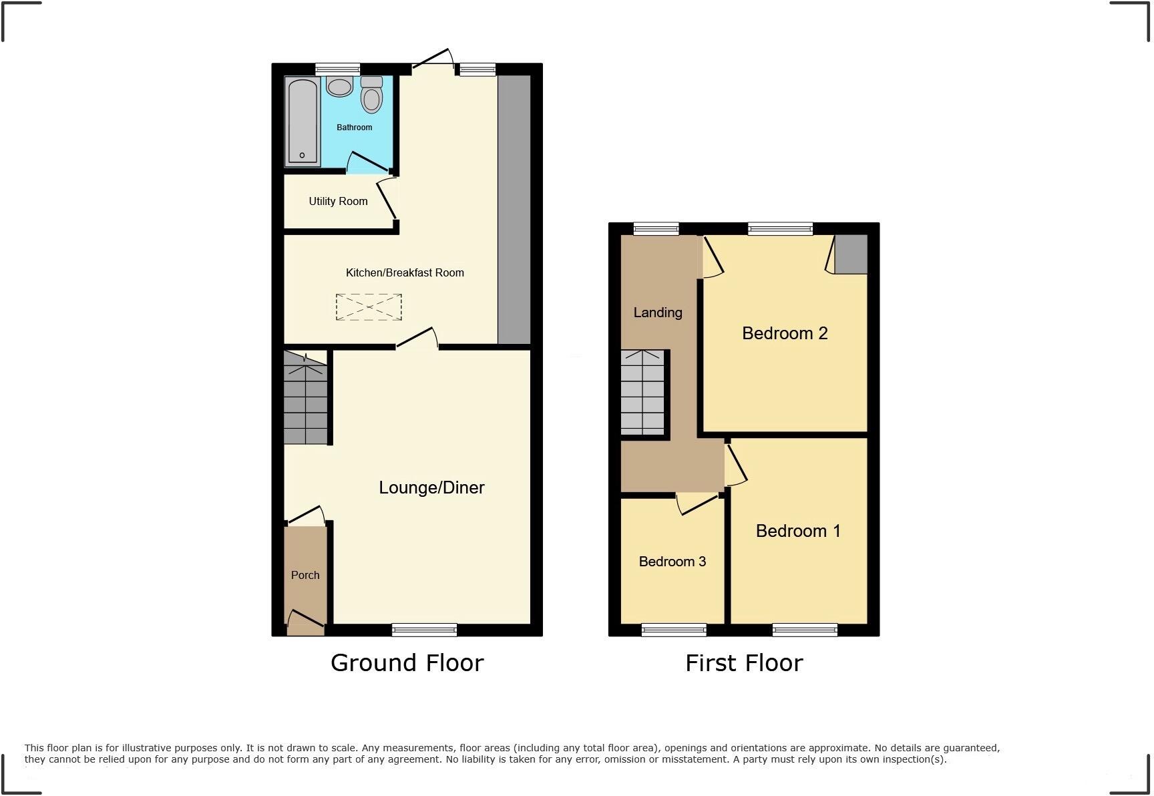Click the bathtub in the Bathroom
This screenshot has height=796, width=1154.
pos(302,121)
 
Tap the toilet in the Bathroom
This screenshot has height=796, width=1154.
pos(371,96)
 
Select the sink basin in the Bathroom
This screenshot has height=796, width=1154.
pos(340,86)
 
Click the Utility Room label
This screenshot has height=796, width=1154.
pos(338,201)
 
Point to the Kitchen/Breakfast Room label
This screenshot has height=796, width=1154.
pos(405,272)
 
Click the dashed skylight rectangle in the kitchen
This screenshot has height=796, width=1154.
pos(369,307)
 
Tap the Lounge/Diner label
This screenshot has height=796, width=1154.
pos(431,487)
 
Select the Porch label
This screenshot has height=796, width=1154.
pos(305,575)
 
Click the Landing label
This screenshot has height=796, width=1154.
pos(658,313)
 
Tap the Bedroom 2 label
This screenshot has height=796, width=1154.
pos(785,333)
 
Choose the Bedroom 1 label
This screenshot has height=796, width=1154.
pos(798,531)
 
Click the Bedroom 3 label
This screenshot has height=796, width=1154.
pos(672,562)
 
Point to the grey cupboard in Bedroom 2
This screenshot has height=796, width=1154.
pos(851,254)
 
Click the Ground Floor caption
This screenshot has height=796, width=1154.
pos(407,663)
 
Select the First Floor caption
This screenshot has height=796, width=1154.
pos(744,663)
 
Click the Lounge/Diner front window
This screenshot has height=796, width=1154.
pos(424,629)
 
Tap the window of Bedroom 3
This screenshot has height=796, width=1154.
pos(674,629)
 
